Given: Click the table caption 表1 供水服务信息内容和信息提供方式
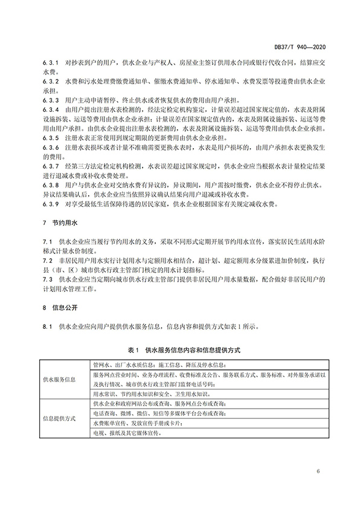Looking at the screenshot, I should pyautogui.click(x=179, y=350).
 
